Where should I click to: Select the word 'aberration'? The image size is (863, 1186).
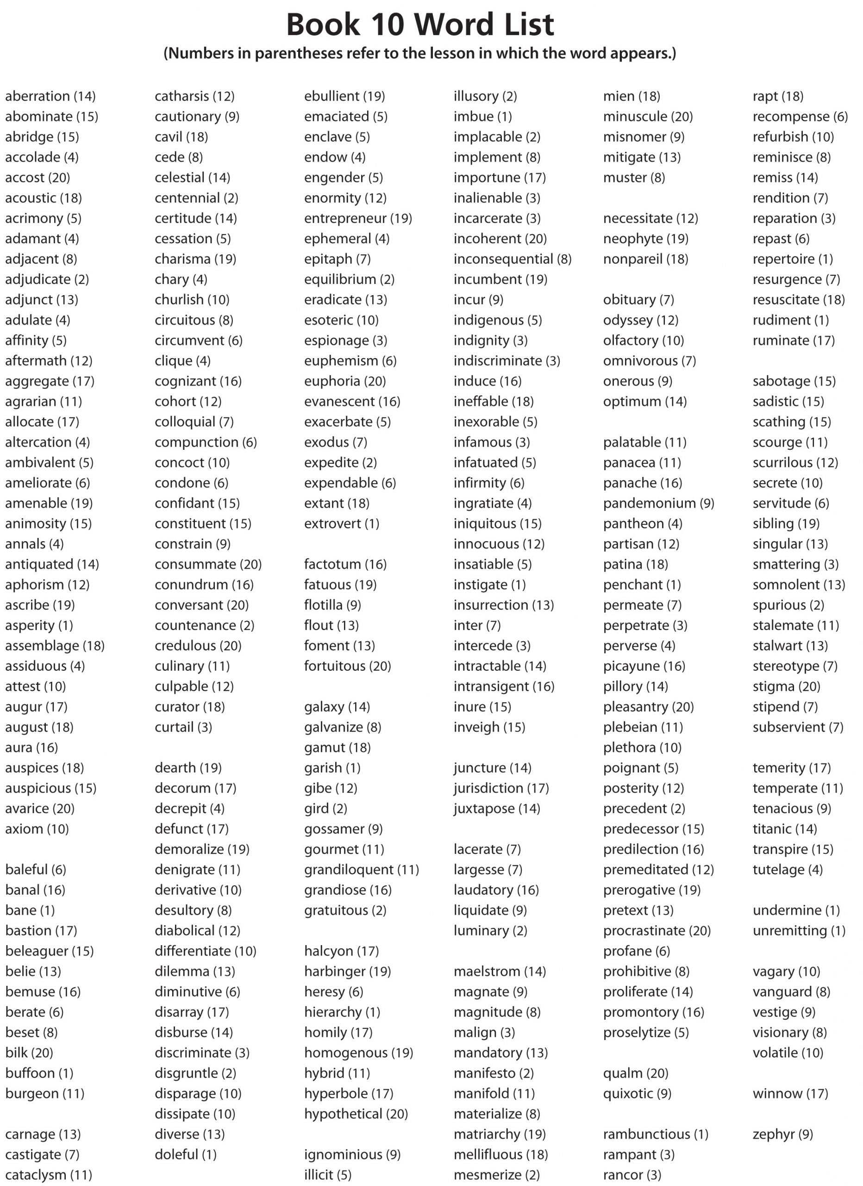point(37,96)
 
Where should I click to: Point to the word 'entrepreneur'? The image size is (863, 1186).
point(345,218)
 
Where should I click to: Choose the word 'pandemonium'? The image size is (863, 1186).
point(649,503)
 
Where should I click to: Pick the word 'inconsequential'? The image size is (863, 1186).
point(503,259)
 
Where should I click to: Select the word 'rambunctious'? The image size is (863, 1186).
point(646,1134)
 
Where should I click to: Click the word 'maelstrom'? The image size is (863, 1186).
point(487,971)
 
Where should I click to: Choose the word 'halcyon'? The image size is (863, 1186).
point(328,951)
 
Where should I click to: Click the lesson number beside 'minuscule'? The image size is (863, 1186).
point(682,117)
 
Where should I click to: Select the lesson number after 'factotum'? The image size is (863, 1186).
point(375,564)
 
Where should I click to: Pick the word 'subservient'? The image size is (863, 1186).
point(788,727)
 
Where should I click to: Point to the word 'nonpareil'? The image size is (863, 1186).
point(632,259)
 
